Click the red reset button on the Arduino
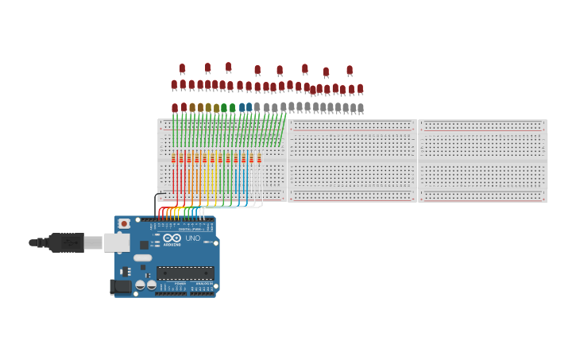124,224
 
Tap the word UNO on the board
193,238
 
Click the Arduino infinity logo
172,238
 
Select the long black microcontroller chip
185,273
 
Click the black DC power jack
121,286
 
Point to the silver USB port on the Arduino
117,242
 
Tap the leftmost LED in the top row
182,69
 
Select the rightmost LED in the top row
350,71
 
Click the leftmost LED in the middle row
174,84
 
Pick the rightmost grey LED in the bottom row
361,108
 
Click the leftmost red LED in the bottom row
175,108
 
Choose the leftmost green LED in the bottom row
224,108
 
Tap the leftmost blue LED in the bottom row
242,107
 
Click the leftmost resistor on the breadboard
174,158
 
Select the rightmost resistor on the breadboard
259,158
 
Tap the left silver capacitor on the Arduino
140,285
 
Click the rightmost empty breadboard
482,161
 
